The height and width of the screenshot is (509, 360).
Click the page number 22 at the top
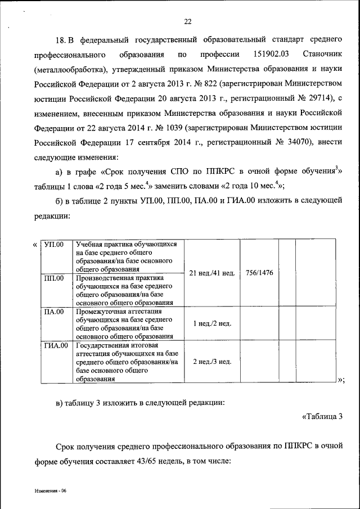click(x=188, y=22)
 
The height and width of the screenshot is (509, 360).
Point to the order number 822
click(x=211, y=85)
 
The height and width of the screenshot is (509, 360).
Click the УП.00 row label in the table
click(x=54, y=244)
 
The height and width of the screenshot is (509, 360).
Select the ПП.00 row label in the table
click(x=54, y=278)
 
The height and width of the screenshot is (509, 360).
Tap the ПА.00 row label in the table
click(x=54, y=311)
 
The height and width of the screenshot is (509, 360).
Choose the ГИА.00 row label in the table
click(x=56, y=345)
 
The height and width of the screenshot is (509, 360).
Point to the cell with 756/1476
click(x=259, y=273)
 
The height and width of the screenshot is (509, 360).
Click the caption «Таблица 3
click(x=322, y=417)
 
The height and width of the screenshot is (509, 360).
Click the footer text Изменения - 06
click(x=49, y=491)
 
